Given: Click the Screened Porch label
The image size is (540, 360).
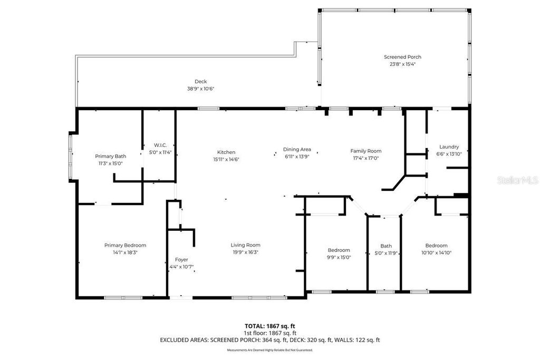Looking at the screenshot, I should [402, 57].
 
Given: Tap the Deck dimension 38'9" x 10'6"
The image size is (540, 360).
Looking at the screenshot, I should [200, 89].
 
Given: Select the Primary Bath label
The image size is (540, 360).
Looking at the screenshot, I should [110, 156].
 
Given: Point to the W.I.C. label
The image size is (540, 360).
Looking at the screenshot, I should [160, 145].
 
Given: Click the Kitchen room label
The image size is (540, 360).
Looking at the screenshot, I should [226, 152].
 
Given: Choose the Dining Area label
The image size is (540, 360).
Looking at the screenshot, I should [296, 149].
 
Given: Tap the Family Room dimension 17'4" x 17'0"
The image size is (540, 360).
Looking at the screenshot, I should [365, 158].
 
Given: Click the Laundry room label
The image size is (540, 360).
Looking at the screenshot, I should [449, 147].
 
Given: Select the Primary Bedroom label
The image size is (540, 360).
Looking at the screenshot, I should [125, 245].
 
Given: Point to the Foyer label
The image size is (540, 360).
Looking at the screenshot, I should [181, 259].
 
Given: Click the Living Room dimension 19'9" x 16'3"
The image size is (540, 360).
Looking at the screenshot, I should [245, 252].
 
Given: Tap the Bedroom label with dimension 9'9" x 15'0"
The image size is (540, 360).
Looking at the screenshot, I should [339, 250].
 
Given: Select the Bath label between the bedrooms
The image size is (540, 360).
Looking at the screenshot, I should [386, 246].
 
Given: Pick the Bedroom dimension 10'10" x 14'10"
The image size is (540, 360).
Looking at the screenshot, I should [436, 252].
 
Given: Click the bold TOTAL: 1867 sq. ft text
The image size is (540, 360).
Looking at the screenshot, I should [269, 326].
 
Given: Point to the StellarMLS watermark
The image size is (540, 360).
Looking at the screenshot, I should [517, 180].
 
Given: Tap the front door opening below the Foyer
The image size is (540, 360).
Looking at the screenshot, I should [177, 298].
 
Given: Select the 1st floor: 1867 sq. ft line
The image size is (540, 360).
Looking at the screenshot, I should [269, 333].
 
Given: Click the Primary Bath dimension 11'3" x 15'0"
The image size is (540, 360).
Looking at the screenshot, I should [110, 163].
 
